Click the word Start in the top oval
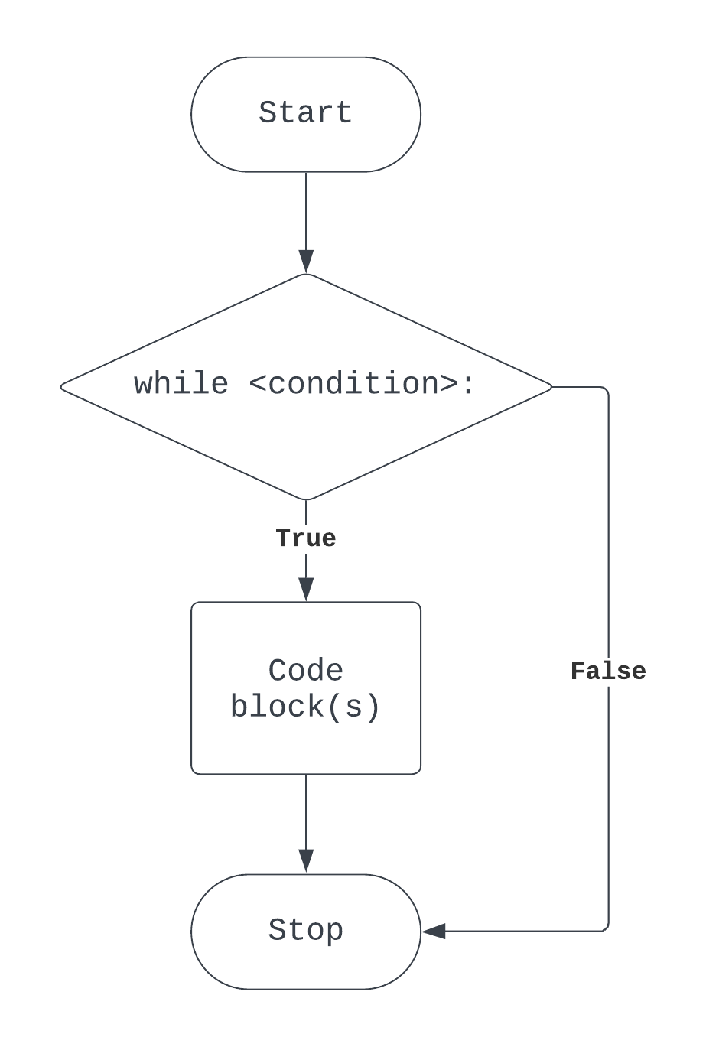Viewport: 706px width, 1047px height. tap(305, 113)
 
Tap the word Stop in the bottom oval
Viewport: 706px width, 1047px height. tap(305, 931)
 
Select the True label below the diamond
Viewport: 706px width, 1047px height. tap(305, 538)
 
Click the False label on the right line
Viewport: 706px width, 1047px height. tap(608, 671)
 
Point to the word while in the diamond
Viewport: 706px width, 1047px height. tap(181, 384)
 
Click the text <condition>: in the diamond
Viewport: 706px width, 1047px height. tap(362, 384)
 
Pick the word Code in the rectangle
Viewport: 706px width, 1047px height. tap(305, 671)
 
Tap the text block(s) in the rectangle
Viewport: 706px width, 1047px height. tap(305, 707)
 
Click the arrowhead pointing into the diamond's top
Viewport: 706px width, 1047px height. tap(306, 262)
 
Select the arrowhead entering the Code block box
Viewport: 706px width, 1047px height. tap(306, 590)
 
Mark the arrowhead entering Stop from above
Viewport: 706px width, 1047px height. tap(306, 862)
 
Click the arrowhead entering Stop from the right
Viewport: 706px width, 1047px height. tap(433, 931)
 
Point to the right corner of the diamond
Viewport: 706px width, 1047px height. tap(550, 387)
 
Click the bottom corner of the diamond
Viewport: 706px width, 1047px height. tap(306, 499)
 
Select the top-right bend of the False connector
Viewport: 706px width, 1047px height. tap(607, 389)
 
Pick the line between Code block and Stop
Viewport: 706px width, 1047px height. tap(306, 811)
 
